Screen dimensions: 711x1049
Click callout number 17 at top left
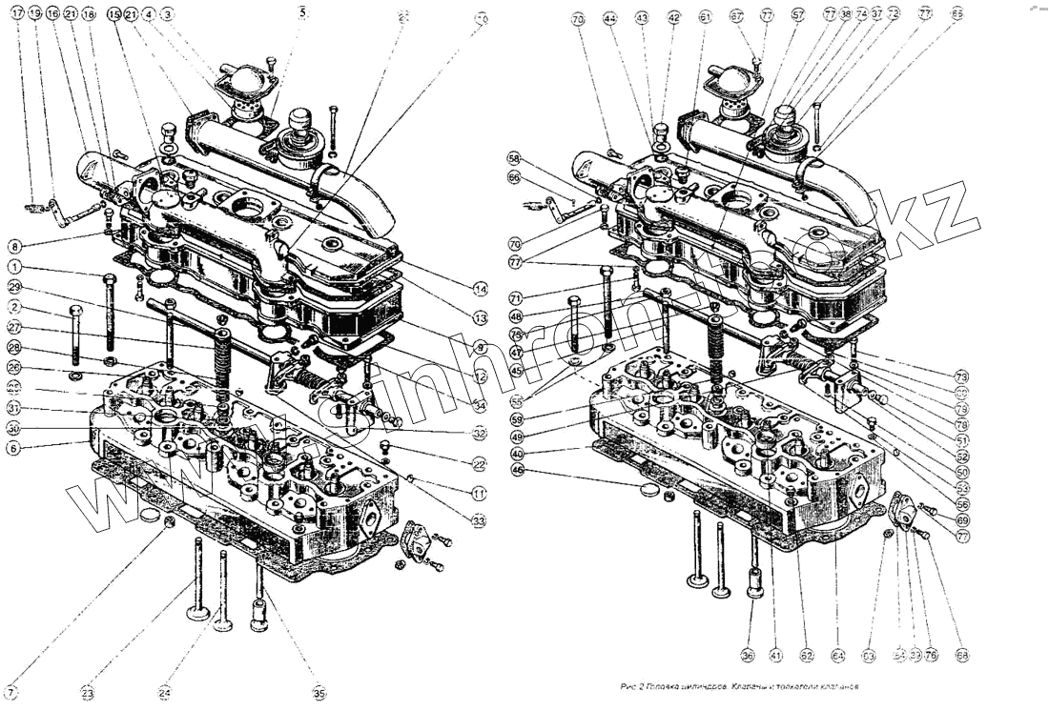point(17,14)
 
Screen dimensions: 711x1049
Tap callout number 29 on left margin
point(14,287)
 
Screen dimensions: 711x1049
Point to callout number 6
point(13,446)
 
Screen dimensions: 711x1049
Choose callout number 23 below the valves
point(88,693)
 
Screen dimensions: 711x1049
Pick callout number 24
point(165,693)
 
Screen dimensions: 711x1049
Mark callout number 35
point(319,693)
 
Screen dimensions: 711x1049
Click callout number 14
point(482,288)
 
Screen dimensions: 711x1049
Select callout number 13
point(482,318)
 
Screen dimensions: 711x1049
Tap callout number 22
point(479,464)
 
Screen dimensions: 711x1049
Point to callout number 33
point(479,520)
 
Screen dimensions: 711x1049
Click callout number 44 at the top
point(610,18)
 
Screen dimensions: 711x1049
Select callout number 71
point(516,297)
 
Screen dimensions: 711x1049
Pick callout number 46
point(516,470)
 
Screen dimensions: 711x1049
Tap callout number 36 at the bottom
point(749,656)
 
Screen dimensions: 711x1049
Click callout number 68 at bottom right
point(962,655)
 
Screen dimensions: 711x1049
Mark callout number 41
point(776,656)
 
